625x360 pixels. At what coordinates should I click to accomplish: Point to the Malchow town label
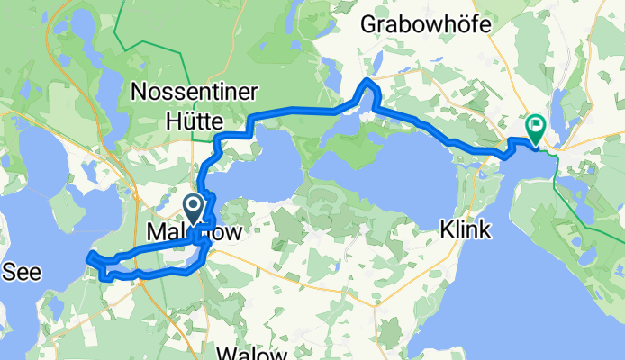point(194,231)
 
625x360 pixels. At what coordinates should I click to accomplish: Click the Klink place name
point(466,230)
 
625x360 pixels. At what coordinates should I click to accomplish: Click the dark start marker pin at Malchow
point(194,206)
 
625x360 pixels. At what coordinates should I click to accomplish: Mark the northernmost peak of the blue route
point(367,83)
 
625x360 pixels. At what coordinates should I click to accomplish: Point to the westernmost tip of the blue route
point(87,260)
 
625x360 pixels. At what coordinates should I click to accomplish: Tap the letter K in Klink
point(446,230)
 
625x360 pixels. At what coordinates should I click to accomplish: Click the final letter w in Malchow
point(233,231)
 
